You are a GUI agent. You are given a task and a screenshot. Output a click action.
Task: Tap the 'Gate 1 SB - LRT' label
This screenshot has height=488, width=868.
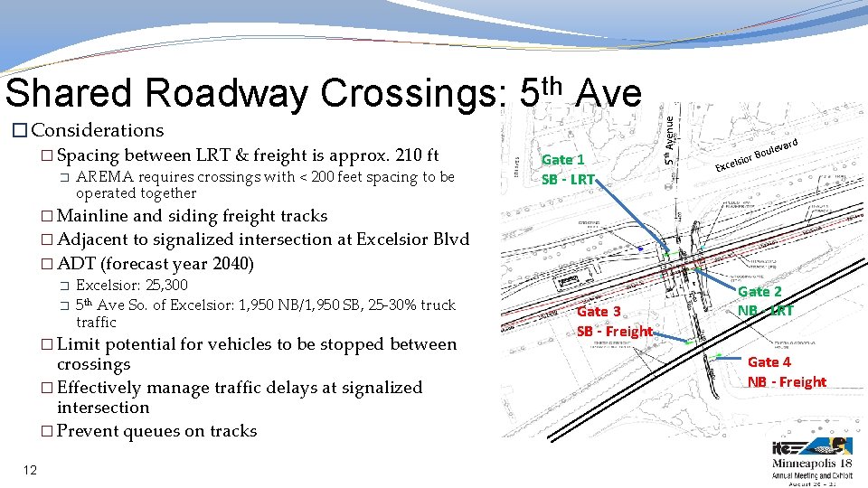(x=567, y=169)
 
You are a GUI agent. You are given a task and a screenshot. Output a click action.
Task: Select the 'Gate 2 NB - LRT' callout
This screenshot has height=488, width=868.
(x=765, y=301)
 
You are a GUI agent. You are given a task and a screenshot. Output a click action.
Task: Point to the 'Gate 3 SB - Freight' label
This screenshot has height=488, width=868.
(x=614, y=321)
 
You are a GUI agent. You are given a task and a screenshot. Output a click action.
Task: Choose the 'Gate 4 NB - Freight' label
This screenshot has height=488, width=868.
(x=786, y=371)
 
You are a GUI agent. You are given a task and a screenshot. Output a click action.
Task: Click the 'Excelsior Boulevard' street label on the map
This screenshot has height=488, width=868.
(x=756, y=155)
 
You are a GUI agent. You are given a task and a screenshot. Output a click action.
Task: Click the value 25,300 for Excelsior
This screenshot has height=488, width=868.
(x=165, y=286)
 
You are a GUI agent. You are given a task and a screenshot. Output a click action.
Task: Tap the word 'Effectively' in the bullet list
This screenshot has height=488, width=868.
(x=102, y=388)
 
